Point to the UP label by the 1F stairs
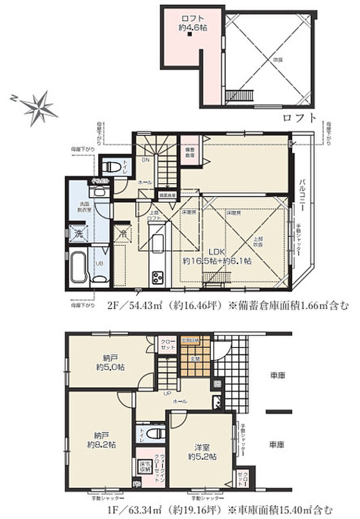[x=168, y=393]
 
